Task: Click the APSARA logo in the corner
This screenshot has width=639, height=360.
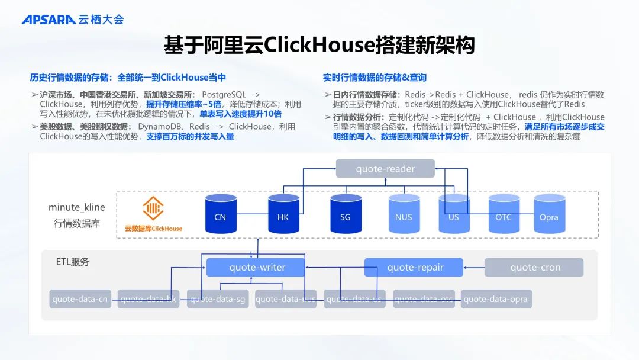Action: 49,20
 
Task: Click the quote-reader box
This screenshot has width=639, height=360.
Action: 385,169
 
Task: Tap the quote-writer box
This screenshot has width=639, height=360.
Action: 256,268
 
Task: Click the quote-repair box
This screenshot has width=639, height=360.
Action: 413,268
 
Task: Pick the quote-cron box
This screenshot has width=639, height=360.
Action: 534,268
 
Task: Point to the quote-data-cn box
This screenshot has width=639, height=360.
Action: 80,299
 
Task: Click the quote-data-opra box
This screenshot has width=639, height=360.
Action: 496,299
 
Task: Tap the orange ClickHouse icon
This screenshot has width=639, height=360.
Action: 153,208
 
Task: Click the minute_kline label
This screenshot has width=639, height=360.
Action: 77,207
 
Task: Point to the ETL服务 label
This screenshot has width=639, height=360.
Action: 73,261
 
